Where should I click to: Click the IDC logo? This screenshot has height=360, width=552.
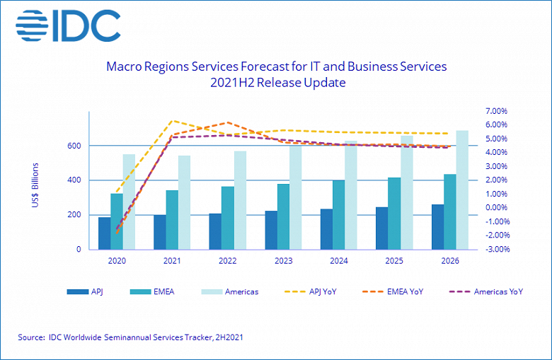[x=68, y=25]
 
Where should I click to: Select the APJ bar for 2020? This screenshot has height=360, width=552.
[x=104, y=233]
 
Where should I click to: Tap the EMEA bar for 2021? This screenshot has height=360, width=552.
[x=172, y=220]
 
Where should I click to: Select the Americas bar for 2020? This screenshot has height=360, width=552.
[x=129, y=202]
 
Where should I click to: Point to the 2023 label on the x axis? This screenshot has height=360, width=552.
[x=283, y=261]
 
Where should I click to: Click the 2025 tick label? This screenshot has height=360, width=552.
[x=394, y=261]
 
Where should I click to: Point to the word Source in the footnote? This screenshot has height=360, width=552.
[x=32, y=338]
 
